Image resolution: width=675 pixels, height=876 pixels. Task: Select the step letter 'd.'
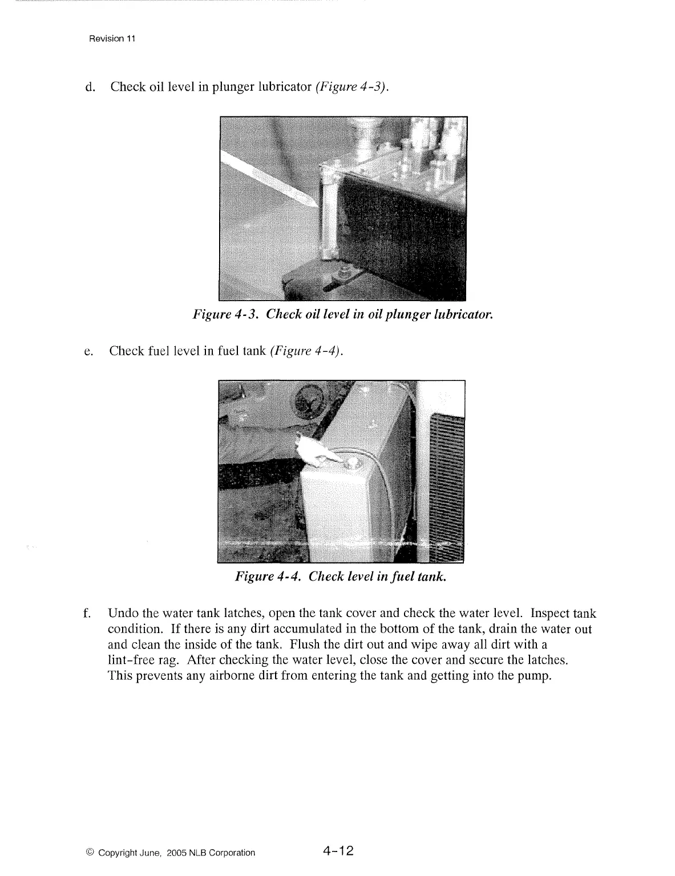click(89, 87)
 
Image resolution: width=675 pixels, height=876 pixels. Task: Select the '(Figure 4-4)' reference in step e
click(306, 351)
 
